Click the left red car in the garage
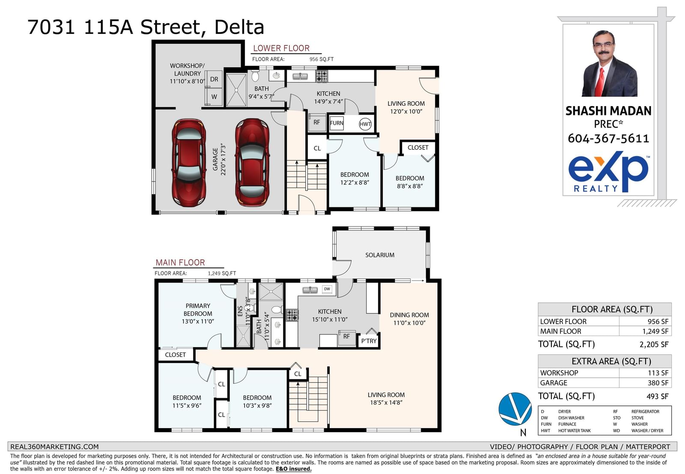pyautogui.click(x=189, y=163)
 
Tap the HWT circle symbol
pyautogui.click(x=365, y=124)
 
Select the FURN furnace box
pyautogui.click(x=337, y=123)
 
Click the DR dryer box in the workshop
pyautogui.click(x=214, y=79)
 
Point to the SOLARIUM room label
pyautogui.click(x=380, y=255)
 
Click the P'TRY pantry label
pyautogui.click(x=369, y=341)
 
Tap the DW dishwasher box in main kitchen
pyautogui.click(x=327, y=289)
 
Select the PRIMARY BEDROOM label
pyautogui.click(x=197, y=310)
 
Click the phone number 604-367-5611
pyautogui.click(x=608, y=139)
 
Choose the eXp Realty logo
pyautogui.click(x=608, y=172)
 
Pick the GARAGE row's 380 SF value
pyautogui.click(x=658, y=382)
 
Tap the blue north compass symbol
pyautogui.click(x=515, y=409)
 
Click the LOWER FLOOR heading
pyautogui.click(x=281, y=48)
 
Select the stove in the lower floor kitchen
pyautogui.click(x=322, y=76)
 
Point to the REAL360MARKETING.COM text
pyautogui.click(x=54, y=447)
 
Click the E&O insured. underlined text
pyautogui.click(x=294, y=469)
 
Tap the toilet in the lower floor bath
pyautogui.click(x=255, y=75)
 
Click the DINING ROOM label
pyautogui.click(x=409, y=315)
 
